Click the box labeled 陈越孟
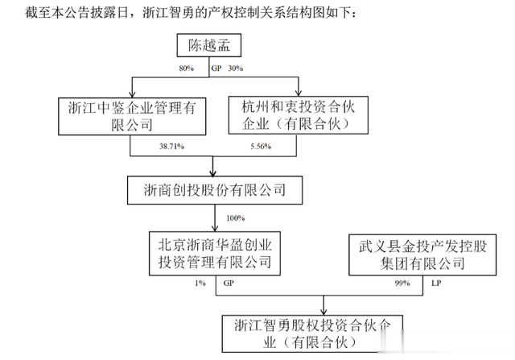tap(209, 45)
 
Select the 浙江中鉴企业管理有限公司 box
tap(132, 116)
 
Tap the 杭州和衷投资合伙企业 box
tap(299, 115)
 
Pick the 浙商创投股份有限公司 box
tap(215, 190)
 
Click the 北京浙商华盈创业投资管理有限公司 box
tap(215, 254)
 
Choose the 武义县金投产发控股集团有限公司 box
tap(422, 254)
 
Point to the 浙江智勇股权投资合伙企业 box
tap(312, 333)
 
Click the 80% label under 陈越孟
tap(186, 68)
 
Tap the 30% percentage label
tap(236, 68)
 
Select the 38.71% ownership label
tap(171, 147)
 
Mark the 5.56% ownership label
tap(261, 147)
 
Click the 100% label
tap(236, 218)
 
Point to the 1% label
tap(200, 283)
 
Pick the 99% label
tap(402, 283)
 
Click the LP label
tap(436, 283)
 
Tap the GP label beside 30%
tap(216, 68)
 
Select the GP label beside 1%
tap(229, 283)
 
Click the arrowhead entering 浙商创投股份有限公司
tap(212, 172)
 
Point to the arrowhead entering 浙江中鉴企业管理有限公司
tap(132, 93)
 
